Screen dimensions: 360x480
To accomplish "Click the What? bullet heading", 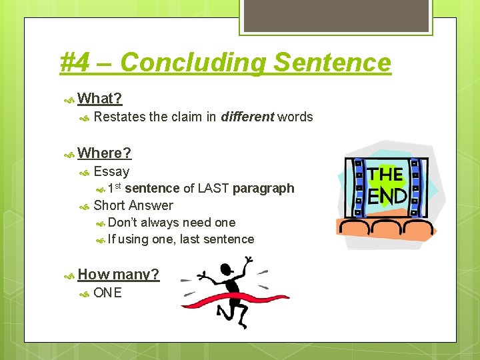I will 100,99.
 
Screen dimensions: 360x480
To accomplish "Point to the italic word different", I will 247,117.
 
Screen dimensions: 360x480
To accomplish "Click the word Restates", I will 120,117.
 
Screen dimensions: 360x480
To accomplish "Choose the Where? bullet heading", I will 105,153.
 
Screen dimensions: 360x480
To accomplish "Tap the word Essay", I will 111,171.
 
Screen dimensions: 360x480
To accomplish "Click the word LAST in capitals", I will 213,188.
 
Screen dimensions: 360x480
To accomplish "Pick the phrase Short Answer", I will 133,205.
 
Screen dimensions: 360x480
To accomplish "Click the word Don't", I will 123,222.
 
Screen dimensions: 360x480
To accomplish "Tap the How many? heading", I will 119,274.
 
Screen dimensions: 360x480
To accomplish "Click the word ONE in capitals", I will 108,293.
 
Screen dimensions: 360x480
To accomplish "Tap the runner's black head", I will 228,271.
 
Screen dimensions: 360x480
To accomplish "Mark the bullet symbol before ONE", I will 84,293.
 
